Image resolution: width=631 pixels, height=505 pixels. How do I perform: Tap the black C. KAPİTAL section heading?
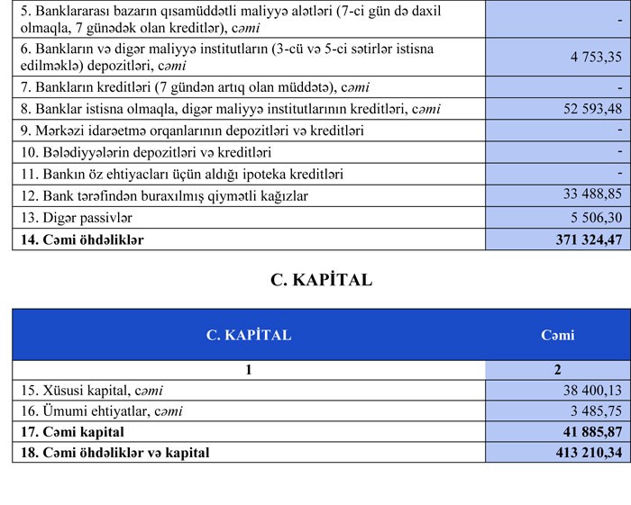(x=321, y=280)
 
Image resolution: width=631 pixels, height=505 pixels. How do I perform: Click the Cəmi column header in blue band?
(x=557, y=335)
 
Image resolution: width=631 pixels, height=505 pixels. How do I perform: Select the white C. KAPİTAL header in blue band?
(x=249, y=335)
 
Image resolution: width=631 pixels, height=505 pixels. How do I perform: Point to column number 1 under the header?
(x=248, y=370)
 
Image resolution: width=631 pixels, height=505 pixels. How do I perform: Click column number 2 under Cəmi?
(x=557, y=370)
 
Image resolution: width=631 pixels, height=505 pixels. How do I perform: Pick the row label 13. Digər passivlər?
(x=73, y=218)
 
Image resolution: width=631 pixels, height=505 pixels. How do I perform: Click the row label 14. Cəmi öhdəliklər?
(x=80, y=239)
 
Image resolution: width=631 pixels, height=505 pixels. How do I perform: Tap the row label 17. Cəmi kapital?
(x=71, y=431)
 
